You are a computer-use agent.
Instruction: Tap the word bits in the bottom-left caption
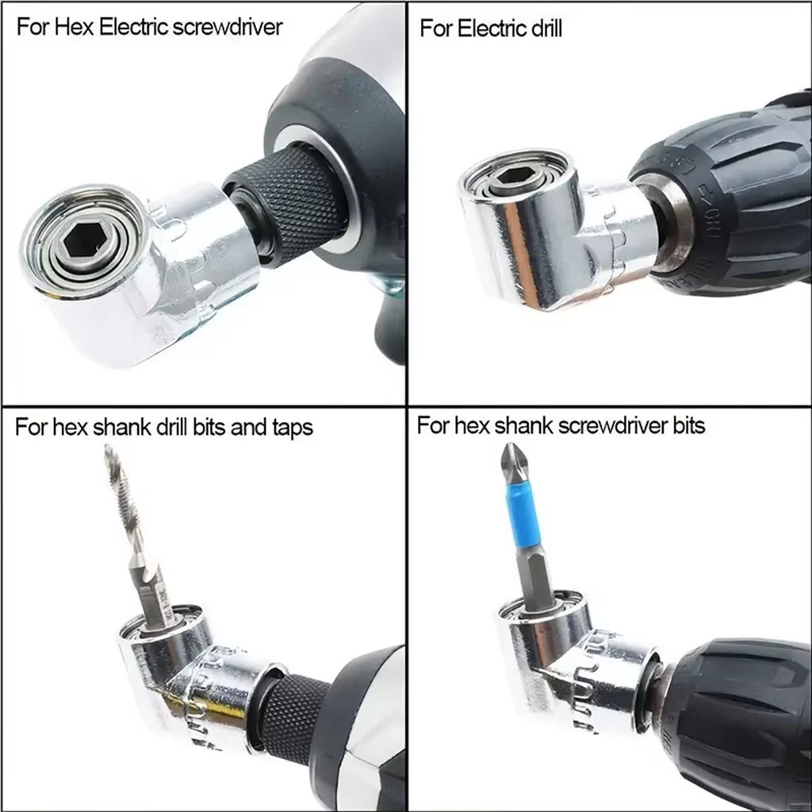[x=209, y=427]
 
